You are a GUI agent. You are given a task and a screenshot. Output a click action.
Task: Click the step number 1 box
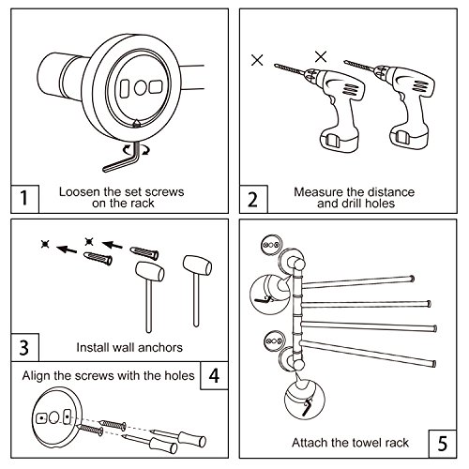coord(24,199)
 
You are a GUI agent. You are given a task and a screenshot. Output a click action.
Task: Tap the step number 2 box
coord(253,199)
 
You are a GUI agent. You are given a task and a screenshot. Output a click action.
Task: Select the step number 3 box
coord(24,347)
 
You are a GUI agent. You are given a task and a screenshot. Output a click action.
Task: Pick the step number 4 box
coord(214,375)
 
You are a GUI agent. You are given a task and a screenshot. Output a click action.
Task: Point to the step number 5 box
coord(443,444)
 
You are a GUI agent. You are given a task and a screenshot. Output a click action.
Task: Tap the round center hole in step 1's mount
coord(141,88)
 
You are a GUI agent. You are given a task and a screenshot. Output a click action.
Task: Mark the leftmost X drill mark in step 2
coord(257,60)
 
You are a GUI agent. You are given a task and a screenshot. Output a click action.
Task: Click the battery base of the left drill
coord(339,139)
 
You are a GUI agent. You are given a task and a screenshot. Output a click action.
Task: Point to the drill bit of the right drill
coord(358,67)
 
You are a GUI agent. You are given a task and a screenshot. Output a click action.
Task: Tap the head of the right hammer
coord(197,265)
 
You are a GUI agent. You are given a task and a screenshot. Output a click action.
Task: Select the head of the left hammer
coord(150,271)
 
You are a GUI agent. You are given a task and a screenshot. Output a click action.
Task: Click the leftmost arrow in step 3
coord(67,250)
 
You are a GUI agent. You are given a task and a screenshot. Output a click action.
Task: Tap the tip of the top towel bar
coord(413,279)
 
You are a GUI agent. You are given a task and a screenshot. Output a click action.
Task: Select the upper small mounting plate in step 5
coord(271,245)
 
